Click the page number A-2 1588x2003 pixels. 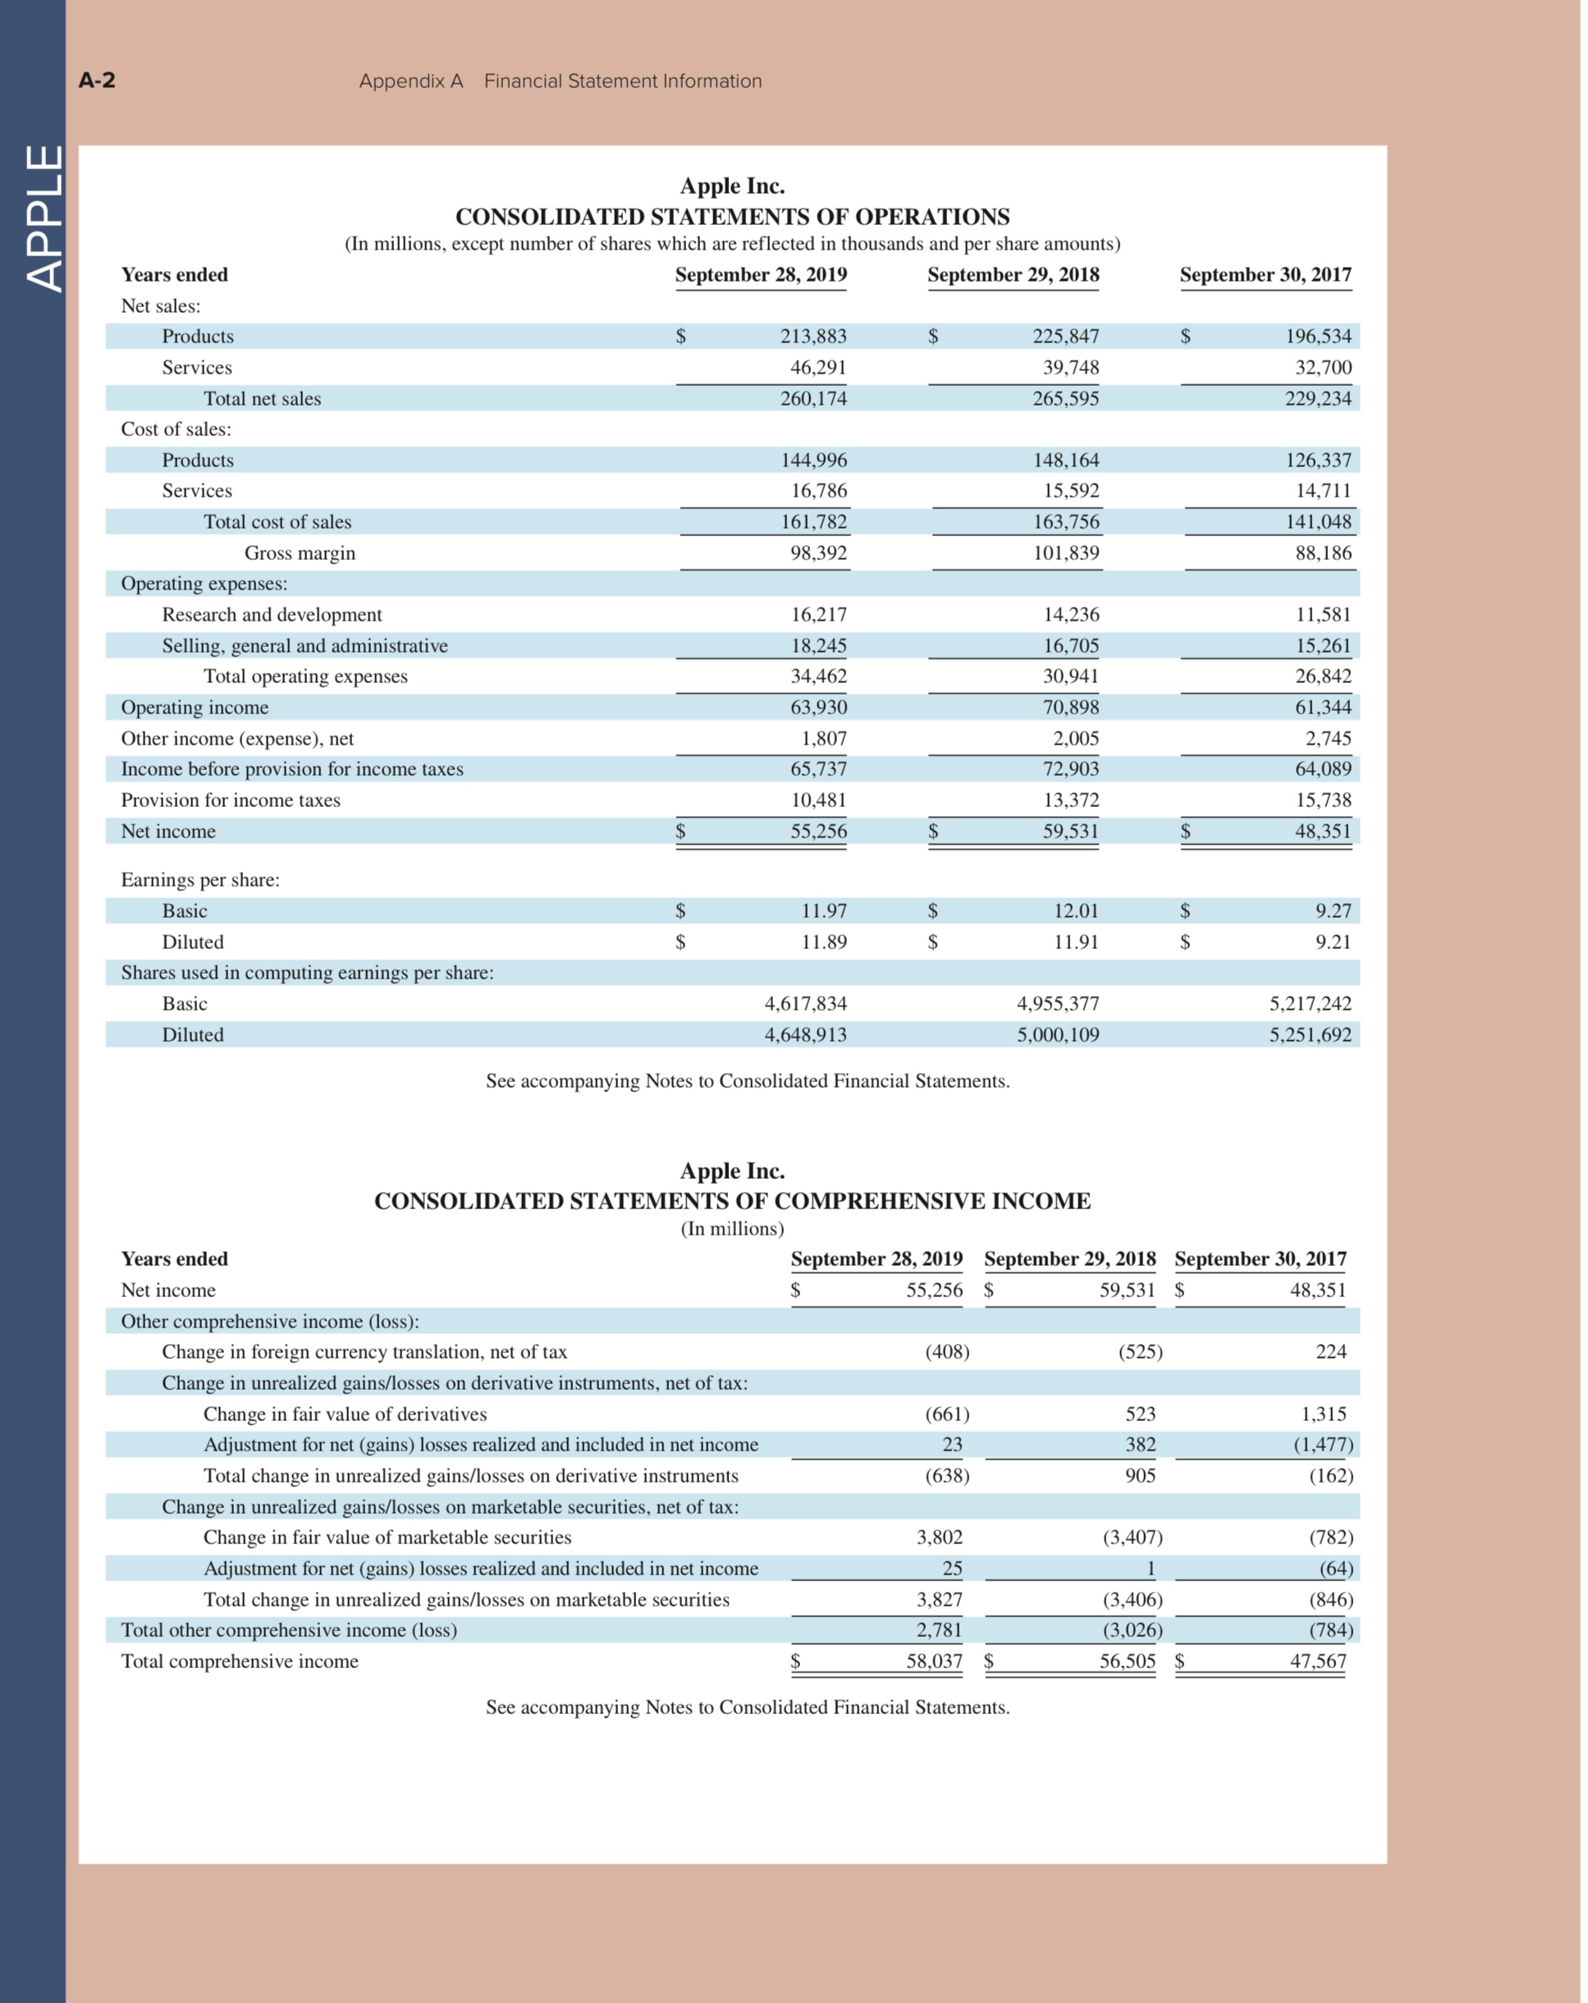97,80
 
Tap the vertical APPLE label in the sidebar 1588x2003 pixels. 43,218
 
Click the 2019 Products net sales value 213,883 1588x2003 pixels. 812,337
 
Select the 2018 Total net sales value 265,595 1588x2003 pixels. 1065,399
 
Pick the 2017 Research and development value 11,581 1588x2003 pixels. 1323,614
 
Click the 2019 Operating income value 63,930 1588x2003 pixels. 818,707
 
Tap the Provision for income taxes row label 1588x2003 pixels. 231,800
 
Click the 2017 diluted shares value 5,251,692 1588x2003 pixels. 1311,1034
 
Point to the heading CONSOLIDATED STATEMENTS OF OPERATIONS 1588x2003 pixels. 732,217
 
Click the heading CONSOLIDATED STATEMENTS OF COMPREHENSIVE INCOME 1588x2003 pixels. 732,1200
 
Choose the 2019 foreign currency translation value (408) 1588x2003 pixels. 946,1352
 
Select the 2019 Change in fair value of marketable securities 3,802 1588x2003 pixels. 939,1537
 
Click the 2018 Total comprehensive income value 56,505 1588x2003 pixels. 1128,1662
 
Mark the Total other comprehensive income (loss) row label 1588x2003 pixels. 289,1629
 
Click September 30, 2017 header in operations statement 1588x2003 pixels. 1265,274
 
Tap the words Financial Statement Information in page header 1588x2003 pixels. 622,80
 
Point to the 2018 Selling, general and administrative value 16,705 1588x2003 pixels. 1071,646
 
